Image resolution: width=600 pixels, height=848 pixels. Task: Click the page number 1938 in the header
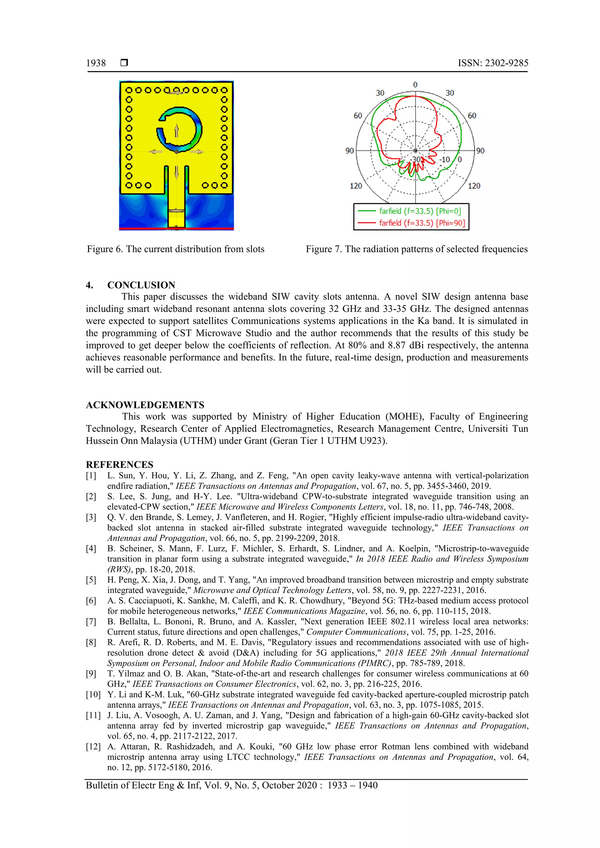[96, 63]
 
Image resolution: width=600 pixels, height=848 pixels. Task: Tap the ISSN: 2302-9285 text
[493, 63]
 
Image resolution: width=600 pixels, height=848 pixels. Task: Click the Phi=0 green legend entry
[410, 211]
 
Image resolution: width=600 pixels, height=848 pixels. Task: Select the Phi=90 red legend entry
[410, 223]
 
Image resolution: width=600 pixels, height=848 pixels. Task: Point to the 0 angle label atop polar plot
[415, 85]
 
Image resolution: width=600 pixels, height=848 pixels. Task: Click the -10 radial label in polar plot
[444, 160]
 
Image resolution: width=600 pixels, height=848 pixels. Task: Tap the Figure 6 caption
[175, 249]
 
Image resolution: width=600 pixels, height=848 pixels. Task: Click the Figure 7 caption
[416, 249]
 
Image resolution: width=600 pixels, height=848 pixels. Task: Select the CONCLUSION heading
[141, 285]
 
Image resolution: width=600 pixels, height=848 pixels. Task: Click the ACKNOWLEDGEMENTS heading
[145, 405]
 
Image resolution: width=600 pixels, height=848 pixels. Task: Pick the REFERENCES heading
[120, 464]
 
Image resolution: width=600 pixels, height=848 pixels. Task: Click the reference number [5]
[91, 580]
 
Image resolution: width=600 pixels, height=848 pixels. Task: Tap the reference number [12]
[93, 746]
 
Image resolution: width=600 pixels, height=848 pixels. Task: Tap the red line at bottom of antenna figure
[176, 229]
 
